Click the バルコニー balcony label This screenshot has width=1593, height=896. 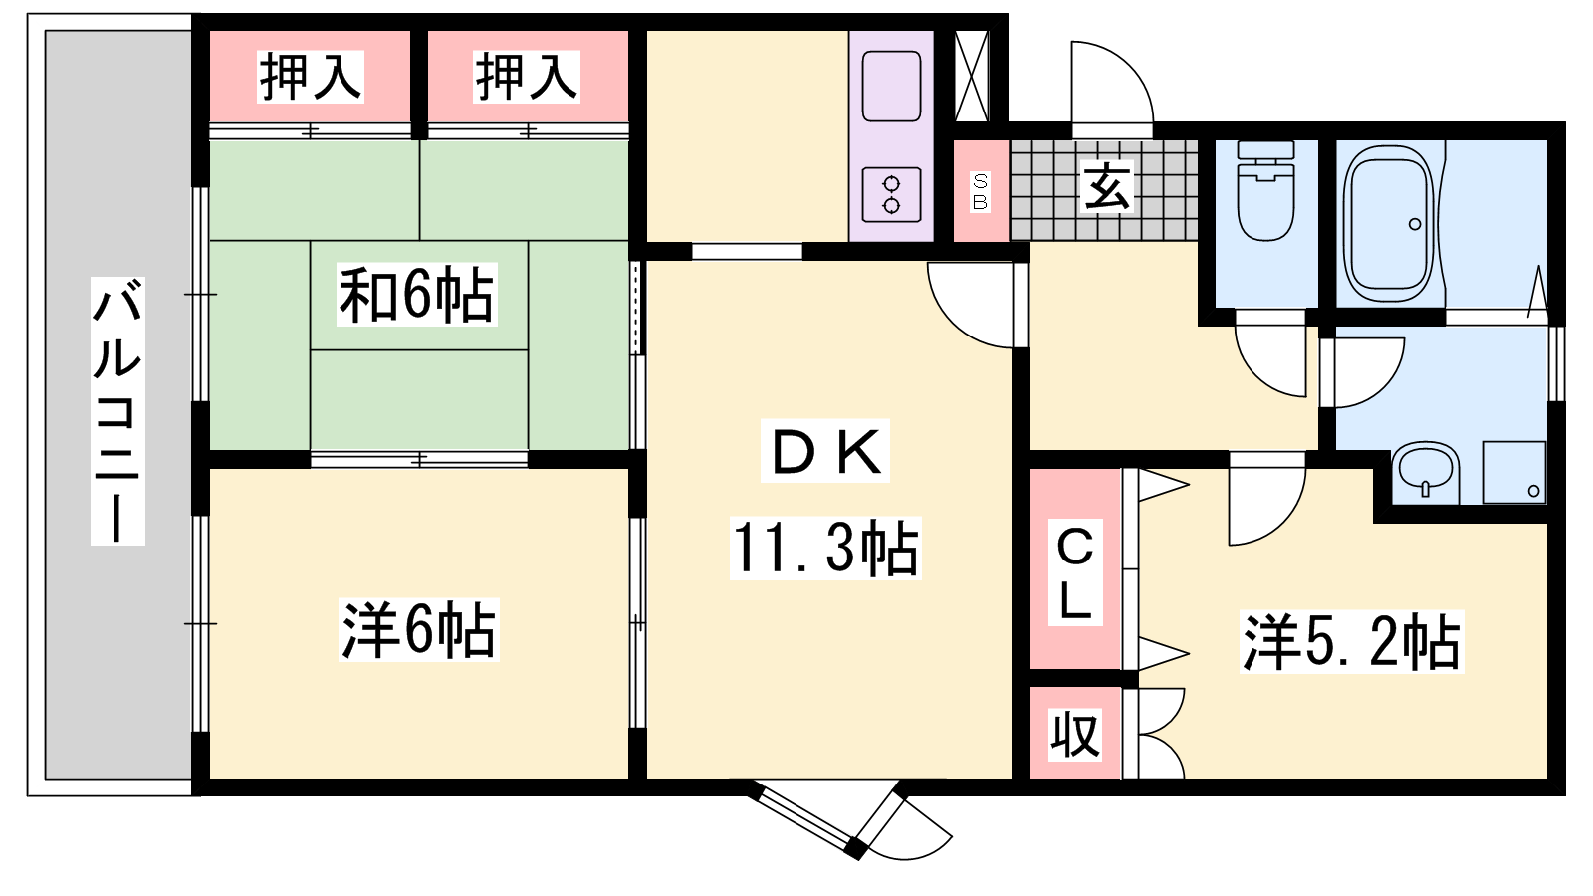[x=117, y=411]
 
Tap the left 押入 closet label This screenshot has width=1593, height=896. [x=311, y=77]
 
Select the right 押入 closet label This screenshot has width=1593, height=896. [x=527, y=77]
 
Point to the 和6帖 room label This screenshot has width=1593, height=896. [x=416, y=295]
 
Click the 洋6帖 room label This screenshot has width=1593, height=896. [x=419, y=630]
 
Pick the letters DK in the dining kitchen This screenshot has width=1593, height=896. [x=825, y=451]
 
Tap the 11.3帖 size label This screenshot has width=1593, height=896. [x=825, y=549]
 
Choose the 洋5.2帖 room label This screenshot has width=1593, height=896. [x=1351, y=641]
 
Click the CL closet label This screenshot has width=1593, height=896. [x=1075, y=572]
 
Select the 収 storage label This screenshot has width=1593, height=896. [x=1076, y=735]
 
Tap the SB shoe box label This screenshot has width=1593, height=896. [x=980, y=191]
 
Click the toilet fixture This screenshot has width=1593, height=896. [x=1265, y=190]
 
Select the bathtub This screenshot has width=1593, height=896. [x=1389, y=223]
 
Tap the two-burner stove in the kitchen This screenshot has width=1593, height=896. [x=891, y=195]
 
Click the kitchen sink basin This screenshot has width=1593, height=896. [x=891, y=86]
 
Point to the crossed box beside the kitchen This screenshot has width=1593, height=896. [x=972, y=76]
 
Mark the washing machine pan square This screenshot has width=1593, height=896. [x=1514, y=472]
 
